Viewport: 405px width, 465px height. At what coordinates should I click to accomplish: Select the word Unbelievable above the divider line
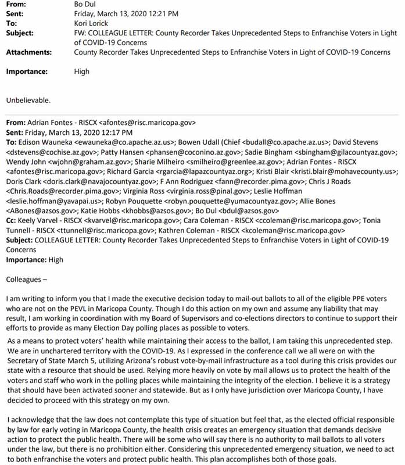[28, 100]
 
